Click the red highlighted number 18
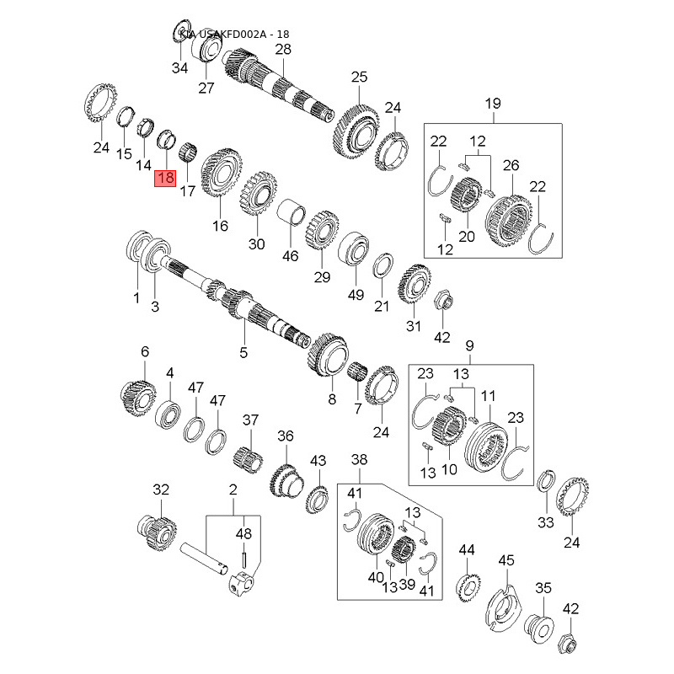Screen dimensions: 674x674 tap(165, 178)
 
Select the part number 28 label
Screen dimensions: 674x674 tap(283, 50)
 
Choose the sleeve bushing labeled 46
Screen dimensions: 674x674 tap(292, 211)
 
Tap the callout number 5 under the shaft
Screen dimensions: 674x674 tap(243, 353)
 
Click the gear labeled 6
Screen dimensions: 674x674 tap(138, 395)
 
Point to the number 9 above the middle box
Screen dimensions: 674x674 tap(469, 345)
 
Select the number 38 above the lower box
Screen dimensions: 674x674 tap(360, 459)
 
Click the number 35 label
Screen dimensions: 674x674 tap(543, 588)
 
